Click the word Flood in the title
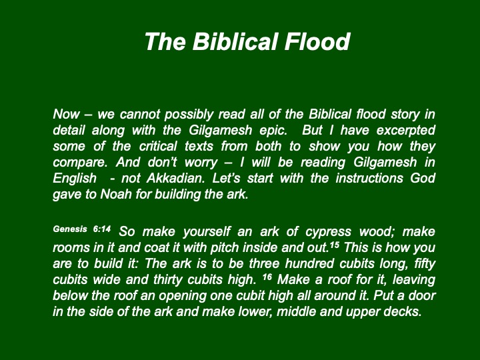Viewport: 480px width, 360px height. coord(317,41)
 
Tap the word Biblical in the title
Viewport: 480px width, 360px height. coord(235,41)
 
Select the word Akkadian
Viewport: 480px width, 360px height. coord(176,178)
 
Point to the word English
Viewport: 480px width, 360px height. coord(75,179)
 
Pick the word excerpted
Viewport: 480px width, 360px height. coord(405,131)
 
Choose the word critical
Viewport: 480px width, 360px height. coord(158,146)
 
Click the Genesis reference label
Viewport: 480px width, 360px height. coord(70,229)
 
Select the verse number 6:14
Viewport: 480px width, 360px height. coord(102,229)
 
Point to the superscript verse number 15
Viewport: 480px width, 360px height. coord(334,245)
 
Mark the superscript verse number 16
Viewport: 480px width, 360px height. coord(267,277)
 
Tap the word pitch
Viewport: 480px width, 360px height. coord(225,247)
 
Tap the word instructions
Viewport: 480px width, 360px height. coord(369,178)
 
